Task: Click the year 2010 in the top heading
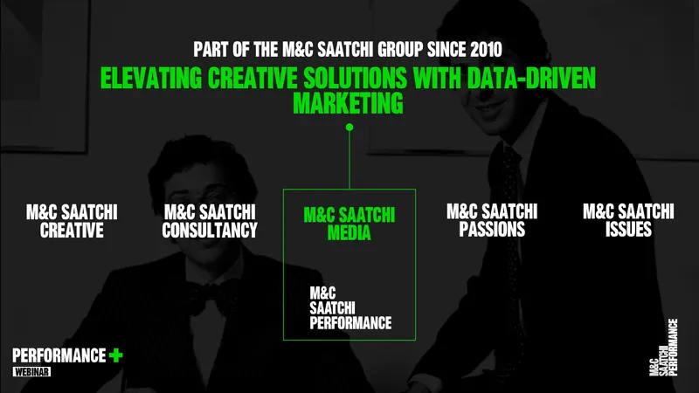[x=486, y=50]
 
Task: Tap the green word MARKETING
[x=348, y=103]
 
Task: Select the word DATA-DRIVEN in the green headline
[x=531, y=78]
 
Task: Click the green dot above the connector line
[x=349, y=127]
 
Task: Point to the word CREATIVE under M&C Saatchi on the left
[x=72, y=231]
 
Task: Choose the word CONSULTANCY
[x=210, y=231]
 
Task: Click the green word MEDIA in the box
[x=349, y=232]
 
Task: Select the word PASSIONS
[x=492, y=230]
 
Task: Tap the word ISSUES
[x=628, y=230]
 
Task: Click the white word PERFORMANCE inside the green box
[x=351, y=323]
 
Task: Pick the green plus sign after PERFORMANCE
[x=116, y=355]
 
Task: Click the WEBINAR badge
[x=31, y=372]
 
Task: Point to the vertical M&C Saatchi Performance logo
[x=664, y=347]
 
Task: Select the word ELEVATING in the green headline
[x=151, y=78]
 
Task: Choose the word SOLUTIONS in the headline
[x=356, y=78]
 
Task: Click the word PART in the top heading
[x=211, y=50]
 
